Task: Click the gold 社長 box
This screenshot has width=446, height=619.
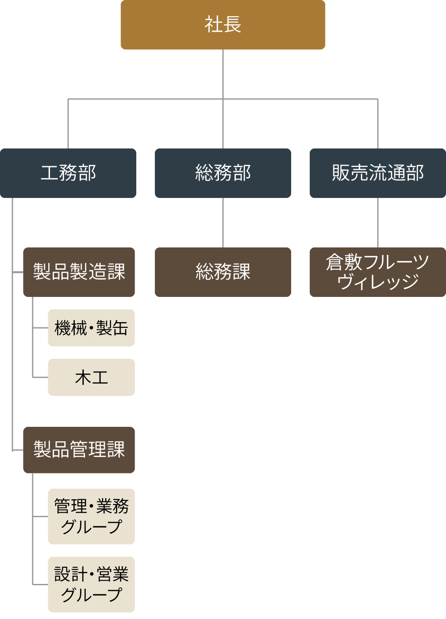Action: point(223,25)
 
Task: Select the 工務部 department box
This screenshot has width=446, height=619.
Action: point(68,173)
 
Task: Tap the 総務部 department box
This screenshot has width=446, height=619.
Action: point(223,173)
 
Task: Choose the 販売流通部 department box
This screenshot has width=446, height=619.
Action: point(377,173)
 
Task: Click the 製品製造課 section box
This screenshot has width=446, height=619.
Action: point(79,272)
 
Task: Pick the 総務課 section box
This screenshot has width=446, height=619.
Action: point(223,272)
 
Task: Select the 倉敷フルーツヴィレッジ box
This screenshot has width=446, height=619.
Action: point(377,272)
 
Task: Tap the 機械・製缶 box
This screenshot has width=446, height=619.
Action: point(91,328)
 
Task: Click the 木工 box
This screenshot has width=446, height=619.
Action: point(91,377)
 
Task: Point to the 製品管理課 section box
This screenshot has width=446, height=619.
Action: point(79,450)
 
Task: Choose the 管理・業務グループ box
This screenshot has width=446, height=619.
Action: point(91,516)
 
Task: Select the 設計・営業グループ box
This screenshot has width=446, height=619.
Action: point(91,584)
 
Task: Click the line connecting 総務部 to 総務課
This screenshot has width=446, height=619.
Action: point(223,223)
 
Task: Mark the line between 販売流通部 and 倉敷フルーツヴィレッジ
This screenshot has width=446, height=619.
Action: point(378,223)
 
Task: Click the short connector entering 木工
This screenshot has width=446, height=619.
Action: point(40,377)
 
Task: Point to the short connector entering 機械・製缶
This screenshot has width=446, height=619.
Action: point(40,328)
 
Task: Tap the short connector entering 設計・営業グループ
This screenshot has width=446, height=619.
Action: point(40,584)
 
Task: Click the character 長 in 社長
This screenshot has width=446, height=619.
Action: point(232,24)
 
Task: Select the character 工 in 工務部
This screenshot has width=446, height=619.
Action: point(49,173)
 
